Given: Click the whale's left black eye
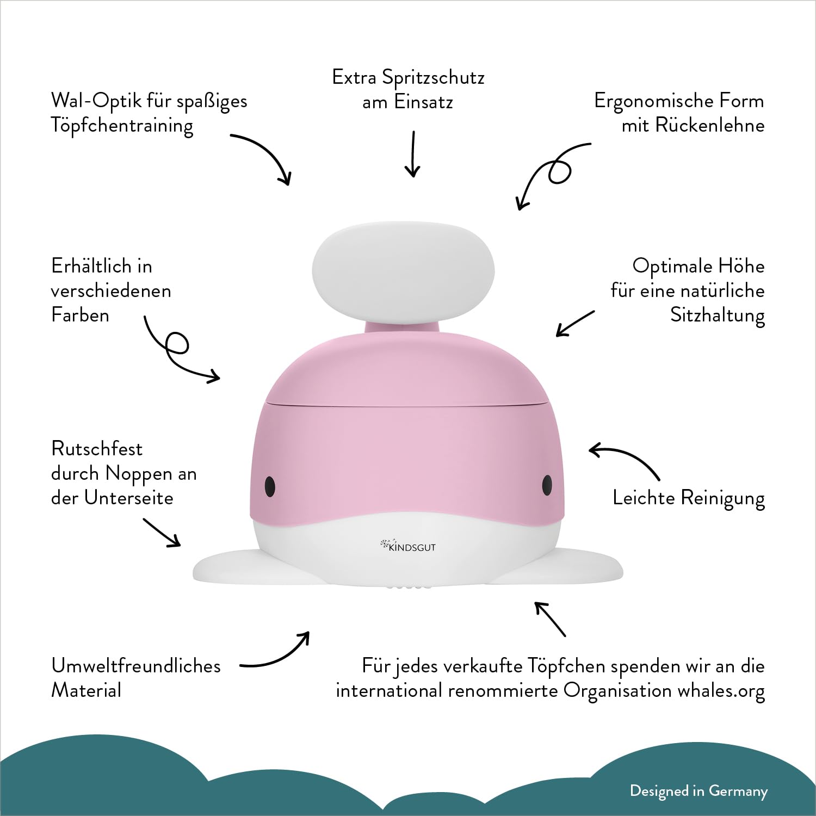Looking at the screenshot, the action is coord(269,485).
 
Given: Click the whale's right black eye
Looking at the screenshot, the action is coord(547,485).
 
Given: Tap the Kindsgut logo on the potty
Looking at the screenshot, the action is coord(408,546).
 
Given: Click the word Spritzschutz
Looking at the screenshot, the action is coord(433,78).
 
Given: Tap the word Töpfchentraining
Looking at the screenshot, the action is coord(122,126).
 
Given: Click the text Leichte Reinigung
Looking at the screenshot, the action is coord(689,498).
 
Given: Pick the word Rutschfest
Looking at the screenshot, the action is coord(96,449).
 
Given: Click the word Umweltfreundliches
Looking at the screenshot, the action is coord(136,666).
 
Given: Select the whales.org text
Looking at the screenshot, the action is coord(721,691).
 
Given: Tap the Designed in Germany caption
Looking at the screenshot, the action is coord(698,791).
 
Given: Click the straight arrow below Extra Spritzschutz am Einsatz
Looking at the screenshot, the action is coord(413,154).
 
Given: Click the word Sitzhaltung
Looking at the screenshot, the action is coord(718,316).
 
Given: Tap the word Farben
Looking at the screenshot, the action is coord(80,315).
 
